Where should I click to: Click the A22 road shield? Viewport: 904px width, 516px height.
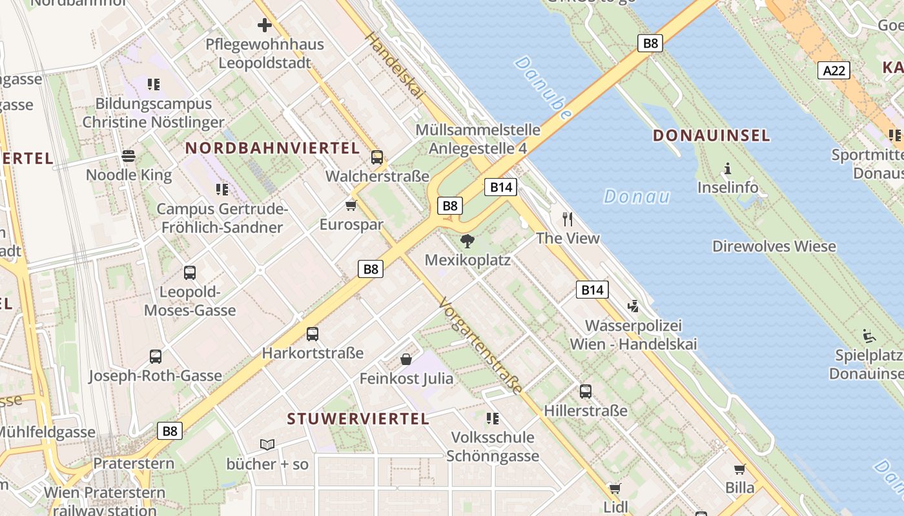click(834, 70)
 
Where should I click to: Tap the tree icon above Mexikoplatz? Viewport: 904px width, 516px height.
click(467, 242)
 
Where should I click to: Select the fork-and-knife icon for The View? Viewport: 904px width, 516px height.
click(568, 219)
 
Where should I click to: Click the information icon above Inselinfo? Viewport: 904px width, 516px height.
click(728, 169)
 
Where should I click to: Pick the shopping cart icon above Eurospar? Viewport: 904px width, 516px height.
click(351, 206)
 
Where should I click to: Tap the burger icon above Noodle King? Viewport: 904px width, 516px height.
click(128, 156)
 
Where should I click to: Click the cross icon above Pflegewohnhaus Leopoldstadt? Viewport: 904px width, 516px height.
click(265, 26)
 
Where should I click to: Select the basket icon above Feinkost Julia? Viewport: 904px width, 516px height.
click(406, 359)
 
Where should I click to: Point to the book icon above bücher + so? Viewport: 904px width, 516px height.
click(267, 444)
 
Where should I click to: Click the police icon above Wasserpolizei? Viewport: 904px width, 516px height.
click(633, 306)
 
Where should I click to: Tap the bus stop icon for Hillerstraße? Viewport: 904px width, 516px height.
click(586, 391)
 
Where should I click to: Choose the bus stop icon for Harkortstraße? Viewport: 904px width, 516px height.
click(313, 334)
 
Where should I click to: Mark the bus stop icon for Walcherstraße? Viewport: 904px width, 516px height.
click(377, 157)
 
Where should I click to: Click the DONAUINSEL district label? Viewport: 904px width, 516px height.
click(711, 135)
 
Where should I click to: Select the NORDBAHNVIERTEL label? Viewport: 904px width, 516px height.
click(272, 148)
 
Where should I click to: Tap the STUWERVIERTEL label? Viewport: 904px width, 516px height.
click(358, 419)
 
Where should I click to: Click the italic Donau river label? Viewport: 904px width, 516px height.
click(636, 196)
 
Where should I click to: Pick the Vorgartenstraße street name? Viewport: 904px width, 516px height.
click(479, 346)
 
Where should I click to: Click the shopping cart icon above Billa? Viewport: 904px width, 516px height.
click(739, 469)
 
